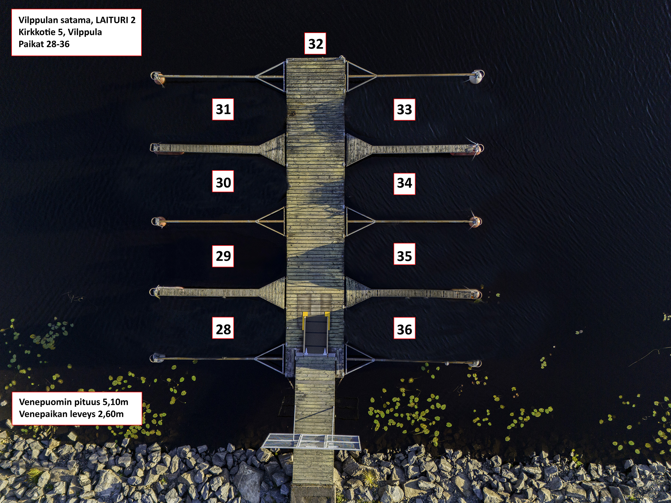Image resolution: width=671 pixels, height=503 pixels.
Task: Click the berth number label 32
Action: click(315, 44)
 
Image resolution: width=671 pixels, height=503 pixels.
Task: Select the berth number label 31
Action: click(223, 109)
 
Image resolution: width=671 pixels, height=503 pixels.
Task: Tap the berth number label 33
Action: click(404, 110)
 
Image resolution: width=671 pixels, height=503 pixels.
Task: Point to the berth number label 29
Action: click(223, 256)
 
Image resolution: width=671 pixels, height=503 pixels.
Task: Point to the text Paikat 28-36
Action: click(44, 44)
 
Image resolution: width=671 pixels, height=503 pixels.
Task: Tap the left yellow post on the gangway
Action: click(304, 321)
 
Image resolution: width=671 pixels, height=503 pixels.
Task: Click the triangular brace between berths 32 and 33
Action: click(361, 76)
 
